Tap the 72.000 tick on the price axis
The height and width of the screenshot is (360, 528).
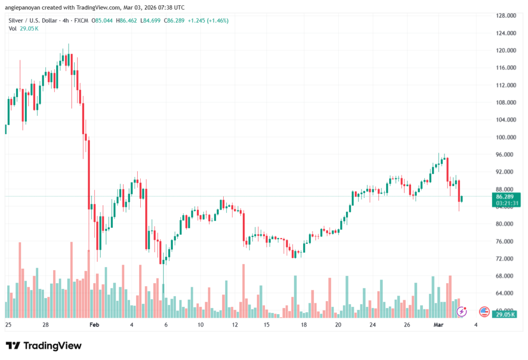click(x=506, y=258)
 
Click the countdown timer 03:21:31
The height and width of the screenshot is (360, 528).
click(x=506, y=203)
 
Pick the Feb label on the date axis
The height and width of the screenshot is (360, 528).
click(x=93, y=325)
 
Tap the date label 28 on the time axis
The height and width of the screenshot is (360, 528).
click(x=45, y=325)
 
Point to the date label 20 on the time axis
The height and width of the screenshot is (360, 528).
click(x=338, y=325)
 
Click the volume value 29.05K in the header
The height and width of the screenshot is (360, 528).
click(x=28, y=28)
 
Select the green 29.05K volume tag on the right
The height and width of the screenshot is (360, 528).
click(x=505, y=314)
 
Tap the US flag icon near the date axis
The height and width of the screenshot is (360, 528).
click(x=484, y=311)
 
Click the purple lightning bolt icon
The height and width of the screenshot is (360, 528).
click(x=462, y=311)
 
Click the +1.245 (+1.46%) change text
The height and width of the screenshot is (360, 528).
click(x=208, y=21)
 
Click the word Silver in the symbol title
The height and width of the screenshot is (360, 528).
click(x=18, y=21)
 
